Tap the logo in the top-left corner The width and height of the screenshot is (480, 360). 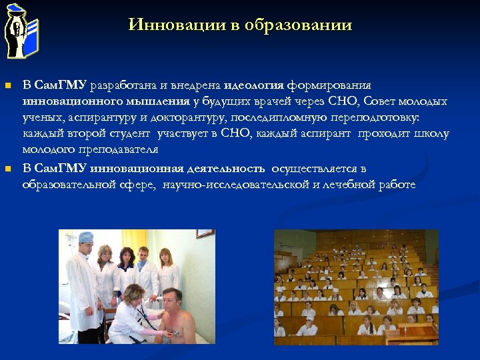22,30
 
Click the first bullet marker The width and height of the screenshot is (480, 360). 8,86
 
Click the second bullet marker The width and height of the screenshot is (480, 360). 8,169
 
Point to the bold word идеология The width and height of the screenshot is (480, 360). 254,85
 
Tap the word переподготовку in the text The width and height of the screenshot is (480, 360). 372,117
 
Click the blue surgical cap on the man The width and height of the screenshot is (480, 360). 85,237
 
